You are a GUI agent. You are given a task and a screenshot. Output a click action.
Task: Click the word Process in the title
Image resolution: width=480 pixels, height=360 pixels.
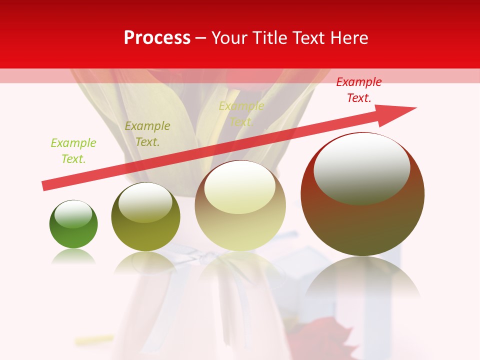tap(157, 38)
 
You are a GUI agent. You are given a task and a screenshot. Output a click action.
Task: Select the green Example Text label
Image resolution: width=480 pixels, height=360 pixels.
tap(73, 151)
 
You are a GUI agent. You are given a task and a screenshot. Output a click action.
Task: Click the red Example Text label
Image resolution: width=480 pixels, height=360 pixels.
tap(358, 90)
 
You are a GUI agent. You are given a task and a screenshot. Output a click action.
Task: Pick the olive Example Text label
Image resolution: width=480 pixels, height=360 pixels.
tap(147, 134)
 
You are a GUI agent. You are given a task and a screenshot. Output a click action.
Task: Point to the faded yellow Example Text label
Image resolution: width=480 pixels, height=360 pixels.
tap(241, 114)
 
